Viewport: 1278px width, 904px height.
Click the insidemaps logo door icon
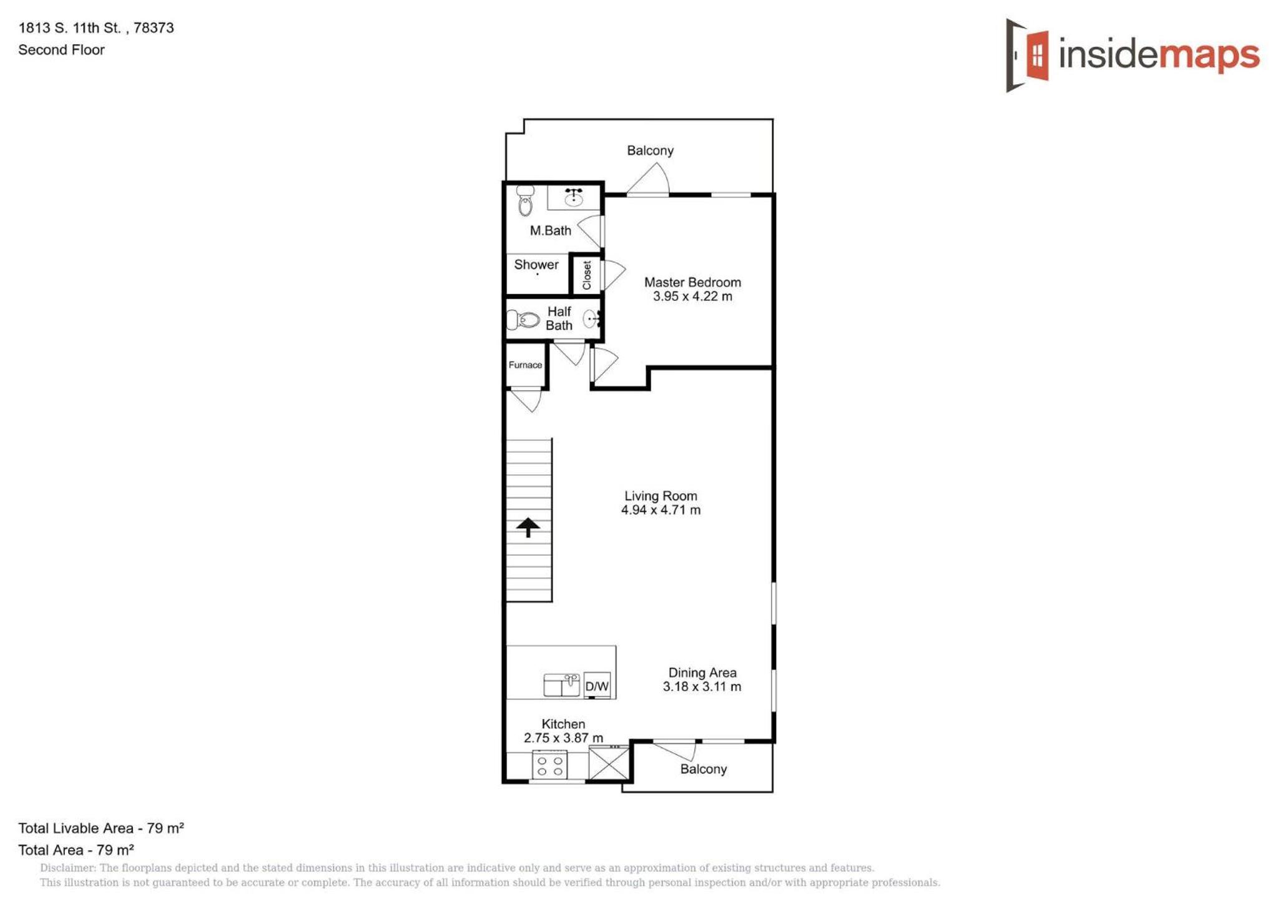[x=1027, y=55]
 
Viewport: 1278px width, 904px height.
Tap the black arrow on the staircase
[x=528, y=527]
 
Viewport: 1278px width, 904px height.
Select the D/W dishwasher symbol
[x=597, y=686]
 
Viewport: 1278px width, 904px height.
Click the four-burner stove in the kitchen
[x=549, y=765]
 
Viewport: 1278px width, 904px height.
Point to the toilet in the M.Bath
[x=526, y=200]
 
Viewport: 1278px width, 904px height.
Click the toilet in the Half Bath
[x=523, y=320]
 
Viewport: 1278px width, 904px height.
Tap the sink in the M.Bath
[x=574, y=197]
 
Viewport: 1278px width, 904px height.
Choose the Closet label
[x=587, y=275]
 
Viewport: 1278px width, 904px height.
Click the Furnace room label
[x=525, y=365]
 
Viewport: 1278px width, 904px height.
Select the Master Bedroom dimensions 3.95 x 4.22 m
[x=692, y=297]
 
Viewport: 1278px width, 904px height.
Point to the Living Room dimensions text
[x=661, y=510]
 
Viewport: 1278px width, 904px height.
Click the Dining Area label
[x=702, y=672]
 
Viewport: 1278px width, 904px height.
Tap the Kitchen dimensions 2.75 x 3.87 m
[x=563, y=738]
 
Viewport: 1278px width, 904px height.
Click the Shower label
[x=536, y=265]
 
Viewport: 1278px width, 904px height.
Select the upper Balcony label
[x=650, y=150]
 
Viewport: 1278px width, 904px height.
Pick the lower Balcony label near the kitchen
[x=703, y=769]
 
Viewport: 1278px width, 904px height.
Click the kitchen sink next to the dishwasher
[x=562, y=685]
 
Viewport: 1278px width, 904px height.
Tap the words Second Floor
[x=61, y=50]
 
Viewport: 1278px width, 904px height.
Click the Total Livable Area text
[x=101, y=828]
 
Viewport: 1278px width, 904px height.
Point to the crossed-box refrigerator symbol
[x=609, y=763]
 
